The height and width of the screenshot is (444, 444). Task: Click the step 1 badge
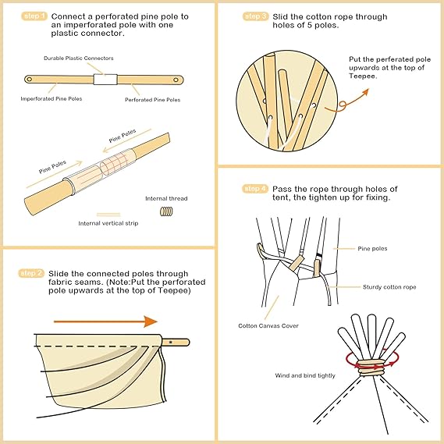pos(34,16)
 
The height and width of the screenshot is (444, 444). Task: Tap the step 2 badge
pos(32,273)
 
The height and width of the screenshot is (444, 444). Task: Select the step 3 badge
pos(255,16)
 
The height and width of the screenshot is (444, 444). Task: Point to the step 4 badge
pos(255,189)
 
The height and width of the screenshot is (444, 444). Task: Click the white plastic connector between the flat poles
pos(105,80)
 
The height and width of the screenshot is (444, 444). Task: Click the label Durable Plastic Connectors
pos(79,59)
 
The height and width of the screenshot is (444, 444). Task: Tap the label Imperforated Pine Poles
pos(52,99)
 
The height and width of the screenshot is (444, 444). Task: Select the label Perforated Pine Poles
pos(153,100)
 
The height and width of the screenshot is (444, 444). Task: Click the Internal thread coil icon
pos(166,211)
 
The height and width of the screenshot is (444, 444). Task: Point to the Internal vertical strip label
pos(108,223)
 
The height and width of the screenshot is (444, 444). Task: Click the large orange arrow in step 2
pos(105,321)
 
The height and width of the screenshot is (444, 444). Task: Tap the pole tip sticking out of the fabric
pos(176,342)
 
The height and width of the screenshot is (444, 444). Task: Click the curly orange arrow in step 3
pos(346,101)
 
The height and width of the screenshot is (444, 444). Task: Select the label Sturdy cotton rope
pos(389,287)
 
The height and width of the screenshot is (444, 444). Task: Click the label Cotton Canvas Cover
pos(268,326)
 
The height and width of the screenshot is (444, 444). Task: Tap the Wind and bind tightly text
pos(305,376)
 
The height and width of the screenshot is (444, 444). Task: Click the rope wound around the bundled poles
pos(371,368)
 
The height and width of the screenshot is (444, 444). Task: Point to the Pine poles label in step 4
pos(372,249)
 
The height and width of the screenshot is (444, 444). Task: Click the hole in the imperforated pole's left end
pos(29,80)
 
